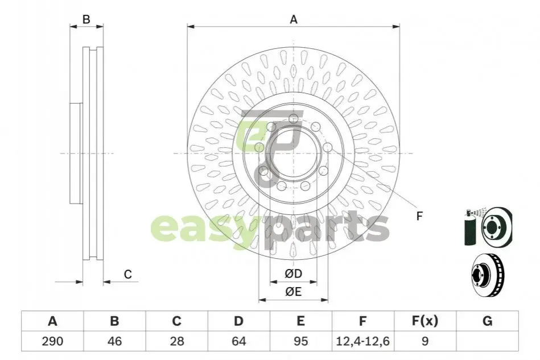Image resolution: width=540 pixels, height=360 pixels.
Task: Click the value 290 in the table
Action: (52, 341)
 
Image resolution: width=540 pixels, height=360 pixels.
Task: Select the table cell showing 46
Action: (114, 341)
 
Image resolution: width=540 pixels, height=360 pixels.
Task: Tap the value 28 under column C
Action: (176, 341)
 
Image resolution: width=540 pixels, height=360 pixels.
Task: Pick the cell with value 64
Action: (238, 341)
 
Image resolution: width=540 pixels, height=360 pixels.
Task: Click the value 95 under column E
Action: (300, 341)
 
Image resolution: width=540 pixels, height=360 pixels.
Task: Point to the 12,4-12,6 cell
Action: (362, 341)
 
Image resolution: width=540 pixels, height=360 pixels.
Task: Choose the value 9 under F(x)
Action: (425, 341)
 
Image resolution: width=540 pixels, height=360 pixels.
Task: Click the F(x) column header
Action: (425, 321)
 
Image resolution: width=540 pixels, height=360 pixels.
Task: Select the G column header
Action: (487, 321)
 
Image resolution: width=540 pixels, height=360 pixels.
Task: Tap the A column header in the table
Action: (52, 321)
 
